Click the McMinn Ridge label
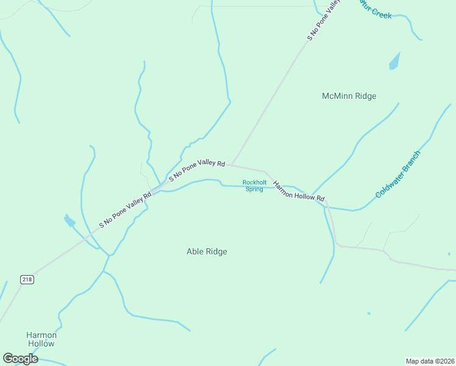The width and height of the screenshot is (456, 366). (349, 96)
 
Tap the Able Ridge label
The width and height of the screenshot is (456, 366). (207, 251)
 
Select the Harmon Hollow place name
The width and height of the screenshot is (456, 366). (41, 339)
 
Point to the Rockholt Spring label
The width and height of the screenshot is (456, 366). (254, 185)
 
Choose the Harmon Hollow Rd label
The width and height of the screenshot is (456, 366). (299, 191)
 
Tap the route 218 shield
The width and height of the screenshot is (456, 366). (27, 279)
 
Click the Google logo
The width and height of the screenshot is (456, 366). (20, 359)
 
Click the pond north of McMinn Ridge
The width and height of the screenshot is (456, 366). (394, 61)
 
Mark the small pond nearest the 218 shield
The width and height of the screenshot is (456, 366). (69, 221)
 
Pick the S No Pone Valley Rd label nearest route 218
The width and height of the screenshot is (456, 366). (125, 210)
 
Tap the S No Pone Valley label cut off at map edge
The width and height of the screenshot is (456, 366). (322, 20)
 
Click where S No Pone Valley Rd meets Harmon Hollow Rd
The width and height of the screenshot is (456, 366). (232, 164)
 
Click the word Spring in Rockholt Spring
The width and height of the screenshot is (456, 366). (254, 189)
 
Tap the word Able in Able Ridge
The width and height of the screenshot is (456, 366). (195, 251)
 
